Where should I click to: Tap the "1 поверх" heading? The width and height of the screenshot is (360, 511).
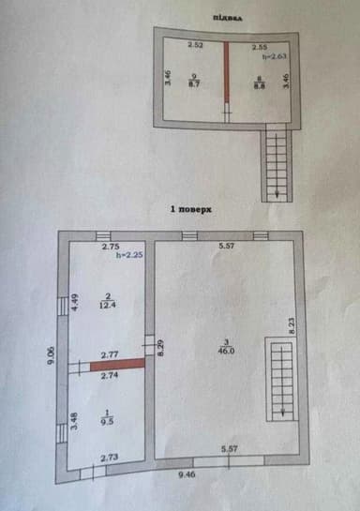click(191, 210)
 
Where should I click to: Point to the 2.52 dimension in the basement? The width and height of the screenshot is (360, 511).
click(195, 45)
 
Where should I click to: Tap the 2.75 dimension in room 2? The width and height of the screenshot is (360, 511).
click(111, 246)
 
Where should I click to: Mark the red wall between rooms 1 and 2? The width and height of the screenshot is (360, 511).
click(118, 366)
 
